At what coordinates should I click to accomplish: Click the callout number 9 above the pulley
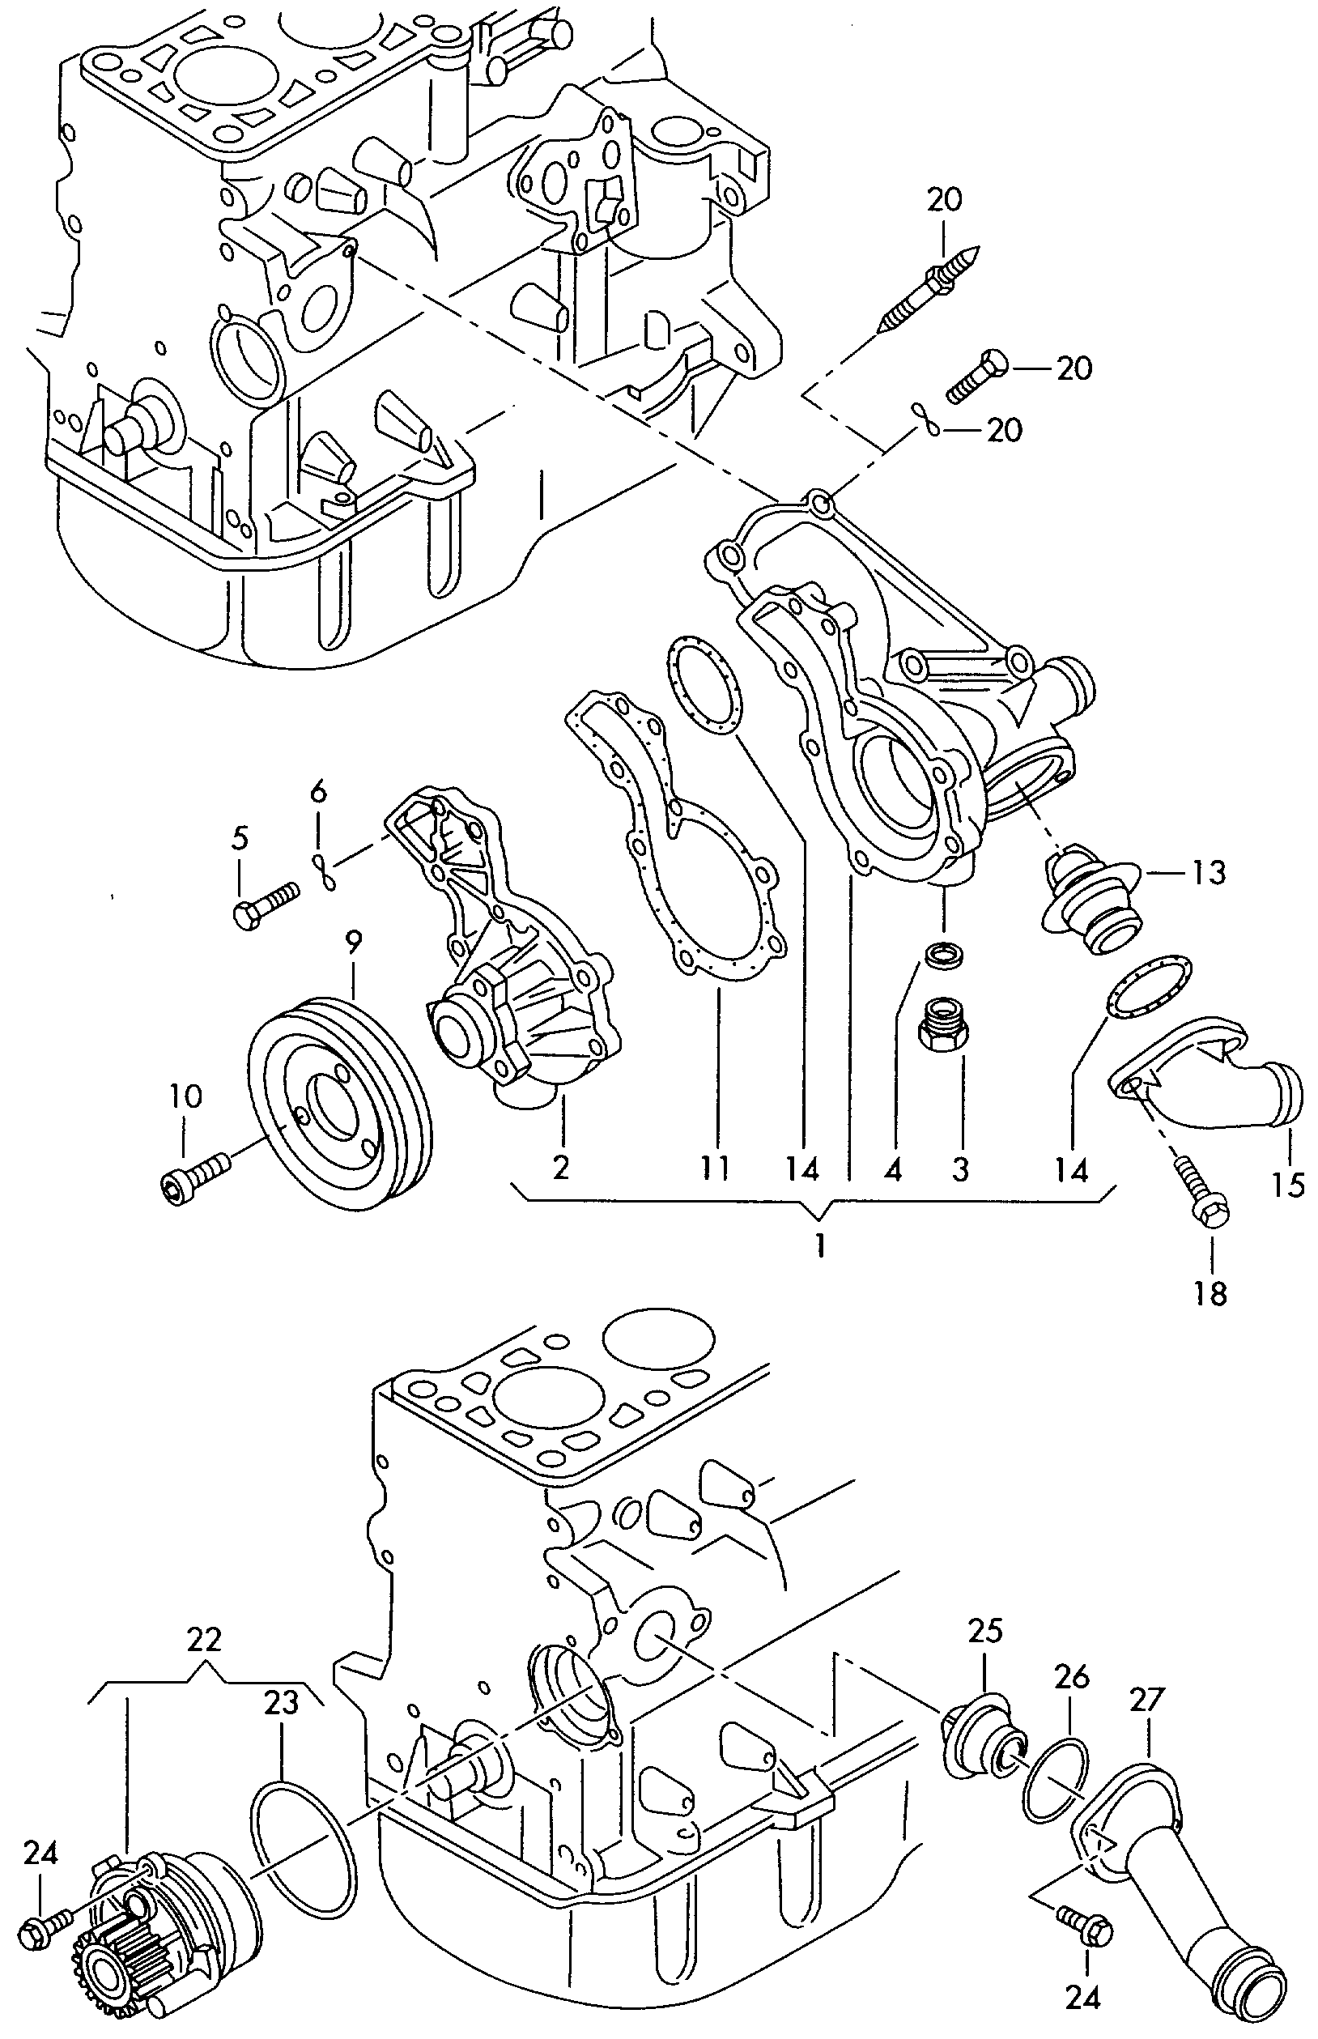354,942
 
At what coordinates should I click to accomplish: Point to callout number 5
240,838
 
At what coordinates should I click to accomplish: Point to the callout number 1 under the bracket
820,1245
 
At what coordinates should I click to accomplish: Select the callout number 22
205,1638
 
